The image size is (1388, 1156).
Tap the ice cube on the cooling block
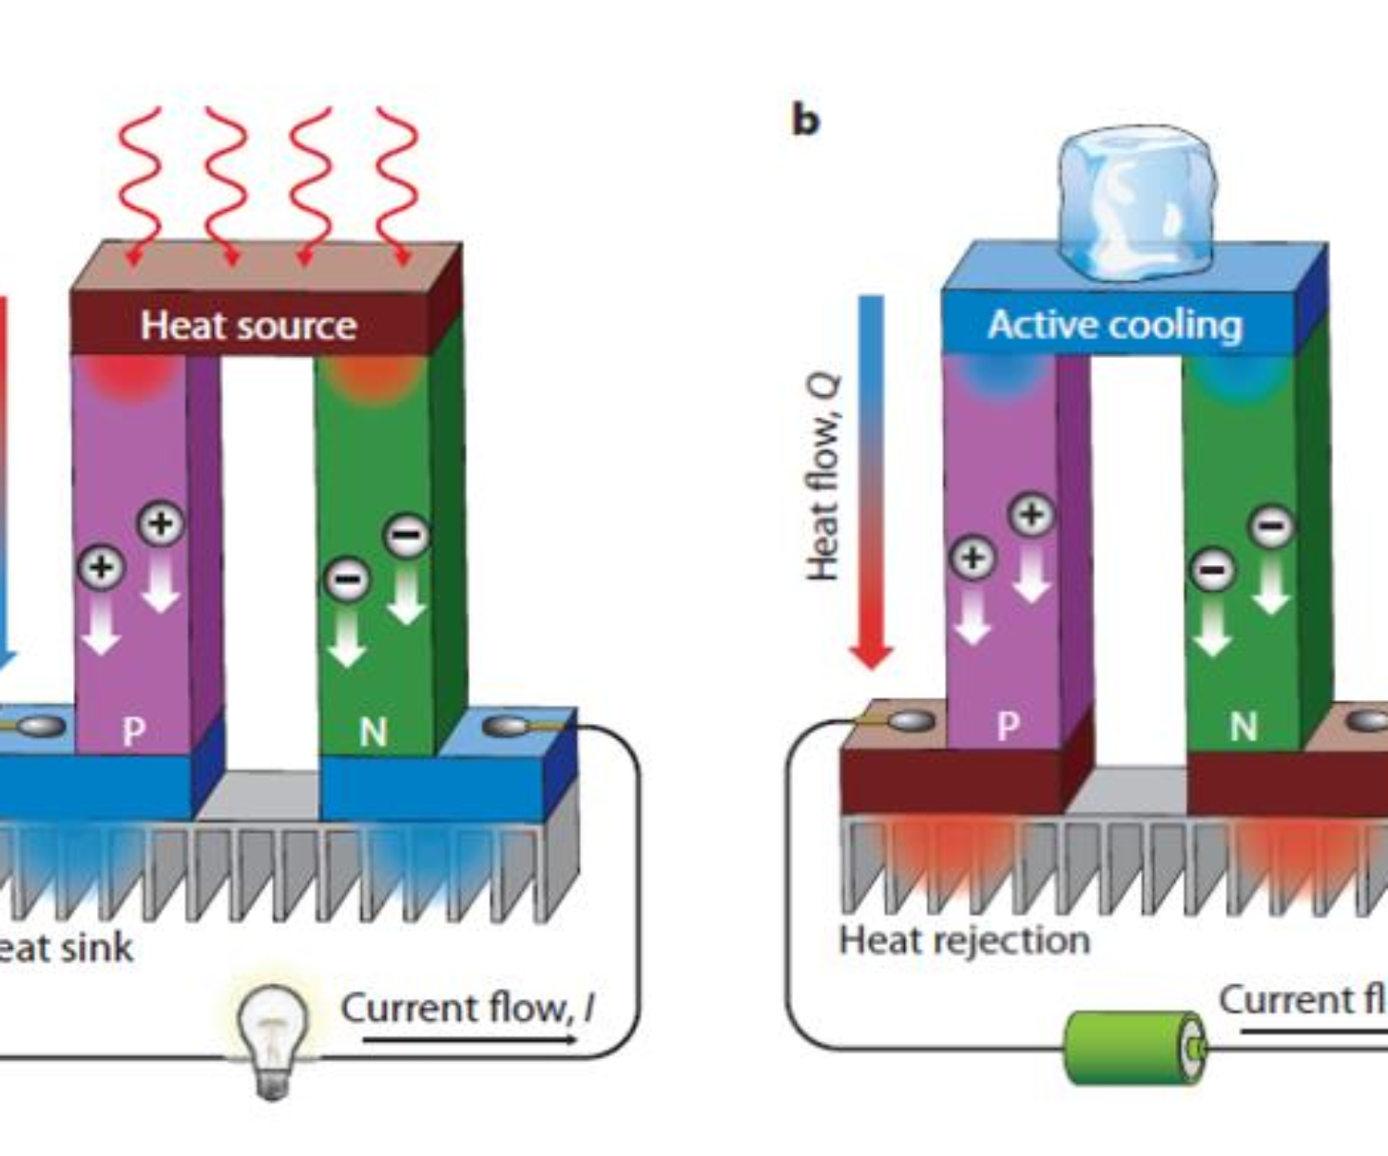[x=1136, y=203]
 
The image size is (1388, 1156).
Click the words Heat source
[x=248, y=326]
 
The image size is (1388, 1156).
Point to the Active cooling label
[x=1114, y=326]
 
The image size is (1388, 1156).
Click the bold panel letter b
[x=805, y=121]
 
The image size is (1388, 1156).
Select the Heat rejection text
[x=964, y=941]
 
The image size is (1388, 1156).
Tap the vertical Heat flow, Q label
[x=823, y=477]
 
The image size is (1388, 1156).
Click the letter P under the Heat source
[x=134, y=732]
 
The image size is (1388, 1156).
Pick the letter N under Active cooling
[x=1243, y=728]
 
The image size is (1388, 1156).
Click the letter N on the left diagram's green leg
[x=373, y=732]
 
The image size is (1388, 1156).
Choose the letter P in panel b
[x=1008, y=726]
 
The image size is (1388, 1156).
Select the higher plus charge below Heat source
[x=161, y=523]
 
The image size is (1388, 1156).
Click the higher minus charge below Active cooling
[x=1272, y=526]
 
